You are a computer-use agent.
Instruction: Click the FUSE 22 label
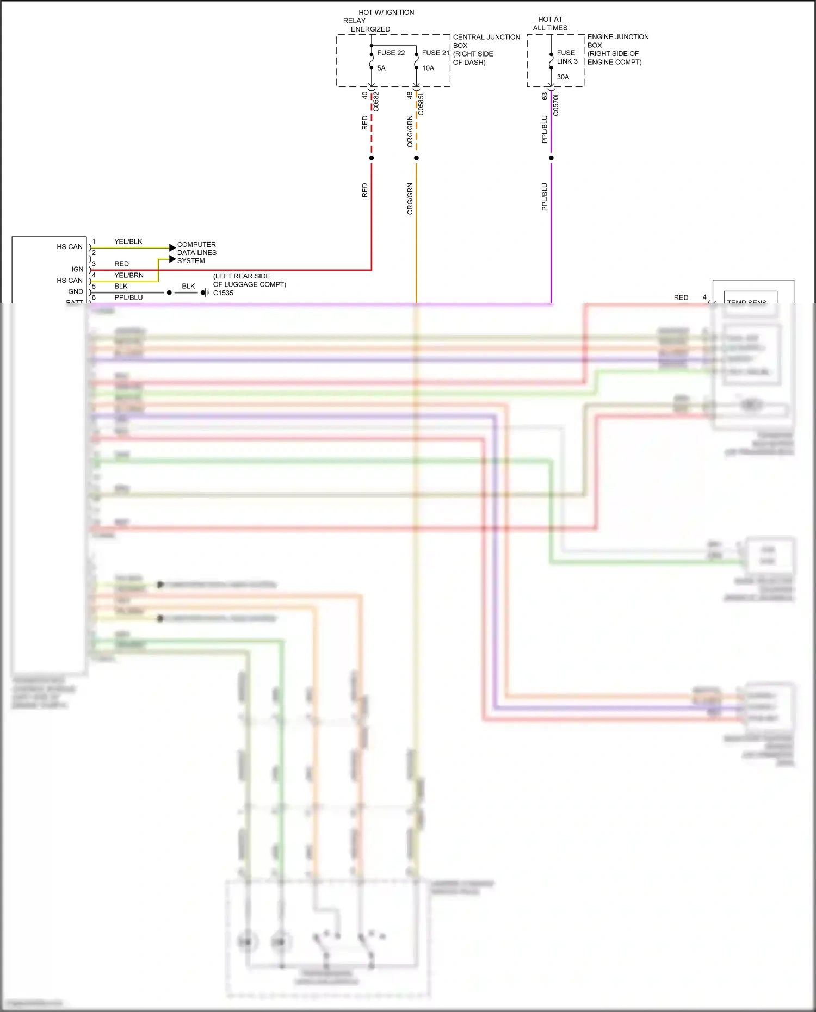391,53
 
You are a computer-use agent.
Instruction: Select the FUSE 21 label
435,53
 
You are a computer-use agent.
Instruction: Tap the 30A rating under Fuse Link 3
562,77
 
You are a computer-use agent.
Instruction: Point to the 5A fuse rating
381,68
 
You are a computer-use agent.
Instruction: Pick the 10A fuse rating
428,68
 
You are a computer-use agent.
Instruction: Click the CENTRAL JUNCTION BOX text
486,41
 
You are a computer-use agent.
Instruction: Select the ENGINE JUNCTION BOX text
617,41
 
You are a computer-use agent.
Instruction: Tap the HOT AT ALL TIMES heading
550,23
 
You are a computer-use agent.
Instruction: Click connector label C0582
376,102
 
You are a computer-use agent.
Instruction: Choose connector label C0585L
421,103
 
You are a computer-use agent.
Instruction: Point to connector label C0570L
556,104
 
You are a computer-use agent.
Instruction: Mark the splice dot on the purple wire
551,158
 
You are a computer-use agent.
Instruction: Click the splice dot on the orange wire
416,158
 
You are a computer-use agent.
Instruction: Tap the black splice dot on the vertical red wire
372,158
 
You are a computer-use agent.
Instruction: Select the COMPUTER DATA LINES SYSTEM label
196,253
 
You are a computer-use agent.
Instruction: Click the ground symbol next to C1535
205,293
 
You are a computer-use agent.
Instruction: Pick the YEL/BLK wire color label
128,241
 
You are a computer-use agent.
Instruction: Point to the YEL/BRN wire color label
129,275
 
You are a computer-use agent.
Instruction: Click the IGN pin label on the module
78,269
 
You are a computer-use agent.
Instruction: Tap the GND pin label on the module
76,291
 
